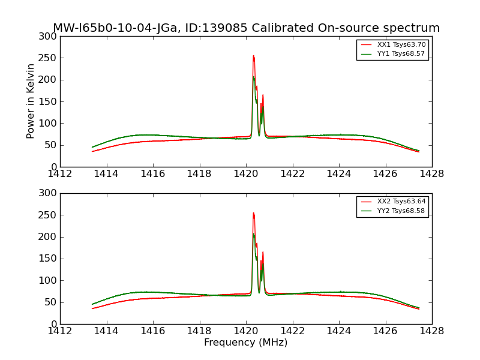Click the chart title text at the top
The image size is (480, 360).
pos(246,28)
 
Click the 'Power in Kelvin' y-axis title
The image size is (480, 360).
pos(31,101)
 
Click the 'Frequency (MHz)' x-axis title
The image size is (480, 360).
pos(245,343)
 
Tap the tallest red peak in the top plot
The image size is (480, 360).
pos(253,56)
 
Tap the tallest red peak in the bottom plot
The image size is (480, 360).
pos(253,214)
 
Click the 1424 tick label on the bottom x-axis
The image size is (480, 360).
pos(339,331)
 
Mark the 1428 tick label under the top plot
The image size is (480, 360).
pos(431,173)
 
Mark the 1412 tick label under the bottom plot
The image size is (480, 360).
pos(60,331)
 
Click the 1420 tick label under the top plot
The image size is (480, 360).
pos(246,173)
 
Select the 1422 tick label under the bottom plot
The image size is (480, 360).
pos(292,331)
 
